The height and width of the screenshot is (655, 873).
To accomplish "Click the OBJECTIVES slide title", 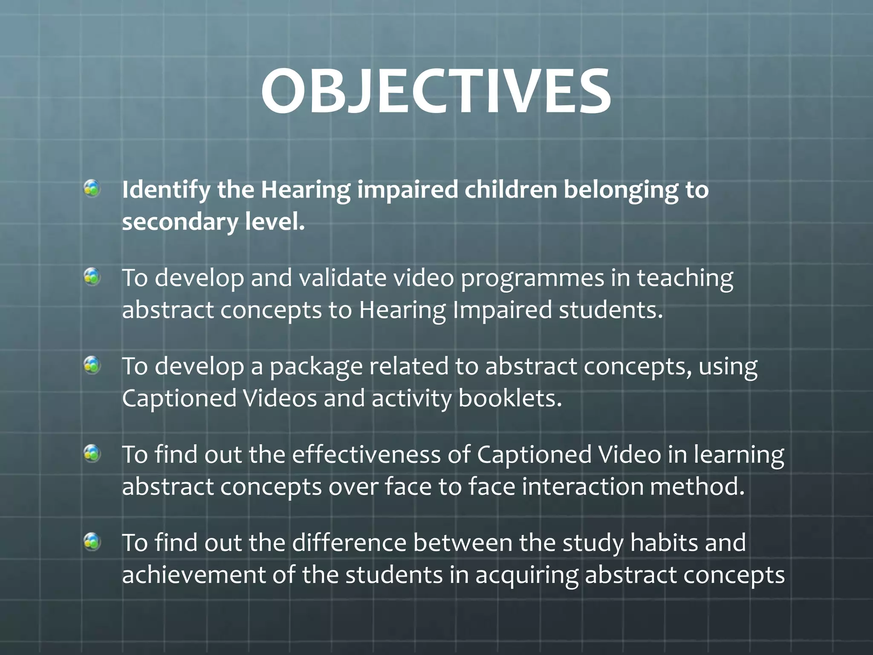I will pyautogui.click(x=436, y=91).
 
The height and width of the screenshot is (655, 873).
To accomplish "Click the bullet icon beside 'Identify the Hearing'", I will pyautogui.click(x=92, y=188).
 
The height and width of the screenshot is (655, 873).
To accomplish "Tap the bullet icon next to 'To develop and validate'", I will pyautogui.click(x=92, y=277).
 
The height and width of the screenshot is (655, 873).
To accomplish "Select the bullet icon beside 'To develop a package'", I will pyautogui.click(x=92, y=365).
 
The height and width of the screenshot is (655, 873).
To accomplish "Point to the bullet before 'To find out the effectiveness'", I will pyautogui.click(x=92, y=454).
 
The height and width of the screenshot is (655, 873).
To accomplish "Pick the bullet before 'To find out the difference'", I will pyautogui.click(x=92, y=542).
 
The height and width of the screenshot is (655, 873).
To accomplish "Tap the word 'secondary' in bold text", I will pyautogui.click(x=180, y=222).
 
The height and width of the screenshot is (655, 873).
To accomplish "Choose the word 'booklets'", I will pyautogui.click(x=510, y=398).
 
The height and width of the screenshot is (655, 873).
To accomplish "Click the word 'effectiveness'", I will pyautogui.click(x=366, y=455).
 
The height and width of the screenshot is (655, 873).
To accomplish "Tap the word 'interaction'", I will pyautogui.click(x=582, y=487).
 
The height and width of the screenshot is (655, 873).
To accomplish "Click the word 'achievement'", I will pyautogui.click(x=194, y=575).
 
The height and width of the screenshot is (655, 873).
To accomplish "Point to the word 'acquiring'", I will pyautogui.click(x=526, y=576).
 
